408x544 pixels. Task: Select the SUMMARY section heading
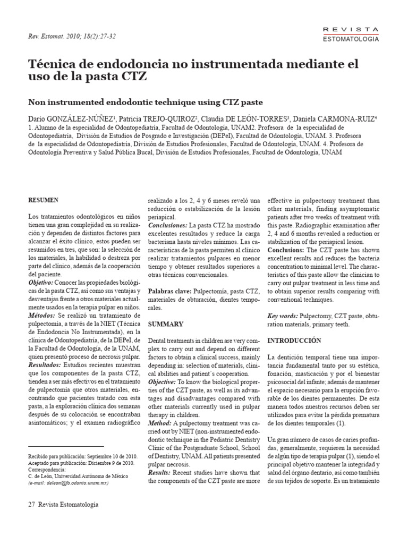(165, 324)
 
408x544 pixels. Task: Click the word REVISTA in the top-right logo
(351, 29)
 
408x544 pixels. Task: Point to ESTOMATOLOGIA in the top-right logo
(351, 39)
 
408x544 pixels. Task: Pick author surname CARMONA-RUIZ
(344, 118)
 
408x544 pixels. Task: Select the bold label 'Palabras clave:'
(169, 291)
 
